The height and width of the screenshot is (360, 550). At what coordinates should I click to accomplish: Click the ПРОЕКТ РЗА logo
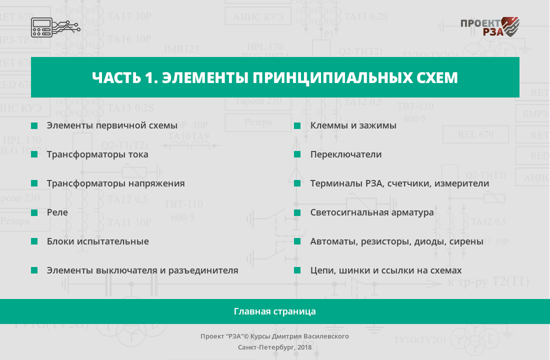click(489, 27)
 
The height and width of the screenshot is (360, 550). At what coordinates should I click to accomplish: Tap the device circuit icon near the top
click(56, 27)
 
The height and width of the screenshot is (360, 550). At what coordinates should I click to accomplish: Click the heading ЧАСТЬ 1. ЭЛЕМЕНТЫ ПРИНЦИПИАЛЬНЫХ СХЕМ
click(275, 77)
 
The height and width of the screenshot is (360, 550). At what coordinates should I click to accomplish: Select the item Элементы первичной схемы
click(112, 125)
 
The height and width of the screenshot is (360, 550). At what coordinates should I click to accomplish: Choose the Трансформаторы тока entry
click(97, 154)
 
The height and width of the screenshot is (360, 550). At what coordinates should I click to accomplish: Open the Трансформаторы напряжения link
click(116, 183)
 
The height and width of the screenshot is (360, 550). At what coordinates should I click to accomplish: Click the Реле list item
click(57, 212)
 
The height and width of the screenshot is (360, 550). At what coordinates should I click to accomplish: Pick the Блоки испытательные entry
click(98, 241)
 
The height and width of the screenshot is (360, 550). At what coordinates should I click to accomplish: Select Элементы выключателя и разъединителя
click(142, 270)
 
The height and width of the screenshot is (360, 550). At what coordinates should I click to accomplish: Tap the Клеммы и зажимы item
click(353, 125)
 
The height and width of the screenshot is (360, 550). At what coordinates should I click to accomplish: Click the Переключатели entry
click(346, 154)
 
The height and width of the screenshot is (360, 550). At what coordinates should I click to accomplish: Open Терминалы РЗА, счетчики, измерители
click(399, 183)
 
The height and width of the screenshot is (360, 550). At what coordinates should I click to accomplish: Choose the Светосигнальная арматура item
click(372, 212)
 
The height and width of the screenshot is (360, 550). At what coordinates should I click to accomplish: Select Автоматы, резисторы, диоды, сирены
click(396, 241)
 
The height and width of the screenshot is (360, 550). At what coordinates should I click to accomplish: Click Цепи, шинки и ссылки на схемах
click(386, 270)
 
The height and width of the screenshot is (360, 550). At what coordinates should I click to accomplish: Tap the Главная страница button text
click(275, 311)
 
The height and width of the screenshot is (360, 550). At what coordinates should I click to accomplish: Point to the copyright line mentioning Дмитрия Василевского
click(274, 336)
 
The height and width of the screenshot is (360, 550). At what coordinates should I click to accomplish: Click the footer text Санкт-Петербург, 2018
click(274, 347)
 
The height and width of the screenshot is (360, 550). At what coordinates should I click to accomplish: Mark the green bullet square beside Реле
click(34, 212)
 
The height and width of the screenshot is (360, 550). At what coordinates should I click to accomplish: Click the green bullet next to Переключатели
click(297, 154)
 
